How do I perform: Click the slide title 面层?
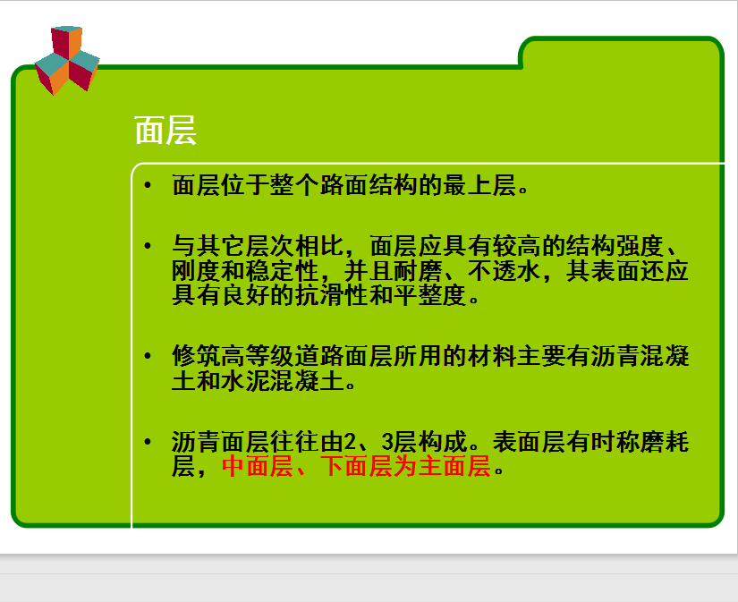(165, 131)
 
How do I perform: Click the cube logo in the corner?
(67, 60)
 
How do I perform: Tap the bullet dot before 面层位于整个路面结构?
(148, 185)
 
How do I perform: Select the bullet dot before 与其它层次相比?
(148, 246)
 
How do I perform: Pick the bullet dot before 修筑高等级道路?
(148, 356)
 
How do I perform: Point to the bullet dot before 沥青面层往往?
(148, 442)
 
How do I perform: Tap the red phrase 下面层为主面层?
(406, 466)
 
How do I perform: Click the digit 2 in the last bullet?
(350, 442)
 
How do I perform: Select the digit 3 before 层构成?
(387, 442)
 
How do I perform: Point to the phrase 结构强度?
(615, 246)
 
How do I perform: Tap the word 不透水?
(505, 271)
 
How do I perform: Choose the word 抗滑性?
(332, 295)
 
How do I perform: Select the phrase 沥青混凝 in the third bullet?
(640, 356)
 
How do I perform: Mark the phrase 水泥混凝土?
(282, 381)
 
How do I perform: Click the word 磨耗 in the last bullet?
(665, 442)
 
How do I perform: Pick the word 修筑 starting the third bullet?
(196, 356)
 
